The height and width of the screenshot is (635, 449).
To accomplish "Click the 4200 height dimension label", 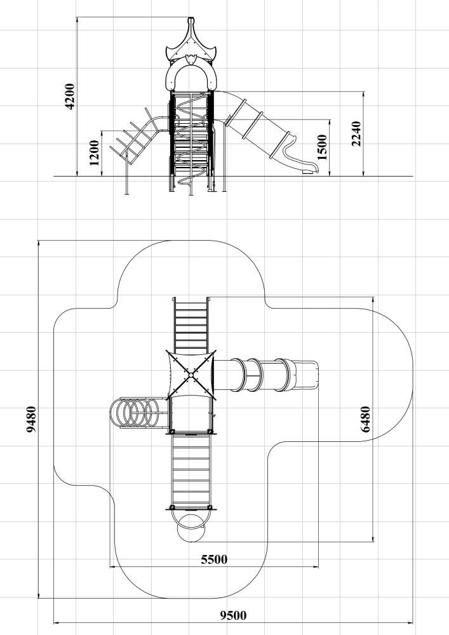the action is coord(70,97).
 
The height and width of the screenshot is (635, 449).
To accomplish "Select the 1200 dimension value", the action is coord(94,152).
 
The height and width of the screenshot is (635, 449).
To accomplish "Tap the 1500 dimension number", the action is coord(322,148).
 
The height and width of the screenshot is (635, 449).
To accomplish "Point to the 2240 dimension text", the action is coord(356,133).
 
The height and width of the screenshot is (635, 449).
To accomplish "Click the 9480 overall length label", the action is coord(31,419).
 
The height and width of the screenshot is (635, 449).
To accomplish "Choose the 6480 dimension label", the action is coord(365,419).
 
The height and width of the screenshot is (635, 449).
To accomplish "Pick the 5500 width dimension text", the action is coord(214,559).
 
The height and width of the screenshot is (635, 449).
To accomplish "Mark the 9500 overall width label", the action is coord(233,615).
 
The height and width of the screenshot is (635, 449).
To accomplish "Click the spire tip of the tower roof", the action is coord(191,18).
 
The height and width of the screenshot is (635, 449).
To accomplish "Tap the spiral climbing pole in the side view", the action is coord(191,140).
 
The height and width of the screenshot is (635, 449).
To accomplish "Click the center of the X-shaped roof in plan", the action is coord(191,375).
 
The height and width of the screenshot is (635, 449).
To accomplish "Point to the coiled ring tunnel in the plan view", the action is coord(135,413).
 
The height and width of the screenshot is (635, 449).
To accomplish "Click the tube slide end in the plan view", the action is coord(305,374).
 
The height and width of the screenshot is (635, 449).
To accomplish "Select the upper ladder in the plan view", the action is coord(191,324).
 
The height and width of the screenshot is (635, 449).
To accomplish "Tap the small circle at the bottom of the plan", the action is coord(191,528).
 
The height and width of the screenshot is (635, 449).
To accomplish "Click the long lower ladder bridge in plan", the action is coord(191,471).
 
